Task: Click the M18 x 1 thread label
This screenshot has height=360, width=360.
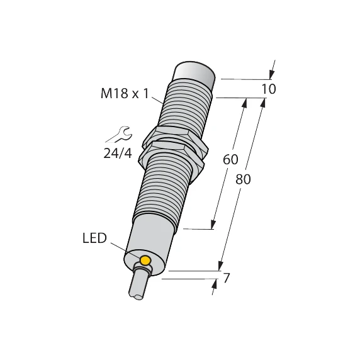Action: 125,94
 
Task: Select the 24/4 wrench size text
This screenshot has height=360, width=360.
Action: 117,152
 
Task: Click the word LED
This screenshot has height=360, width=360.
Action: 95,239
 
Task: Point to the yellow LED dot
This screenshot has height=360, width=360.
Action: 145,261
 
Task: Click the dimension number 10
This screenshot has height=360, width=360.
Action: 268,89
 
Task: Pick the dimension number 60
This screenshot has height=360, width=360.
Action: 230,160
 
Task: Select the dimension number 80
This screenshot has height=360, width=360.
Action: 243,179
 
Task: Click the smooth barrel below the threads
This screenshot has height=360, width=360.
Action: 149,236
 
